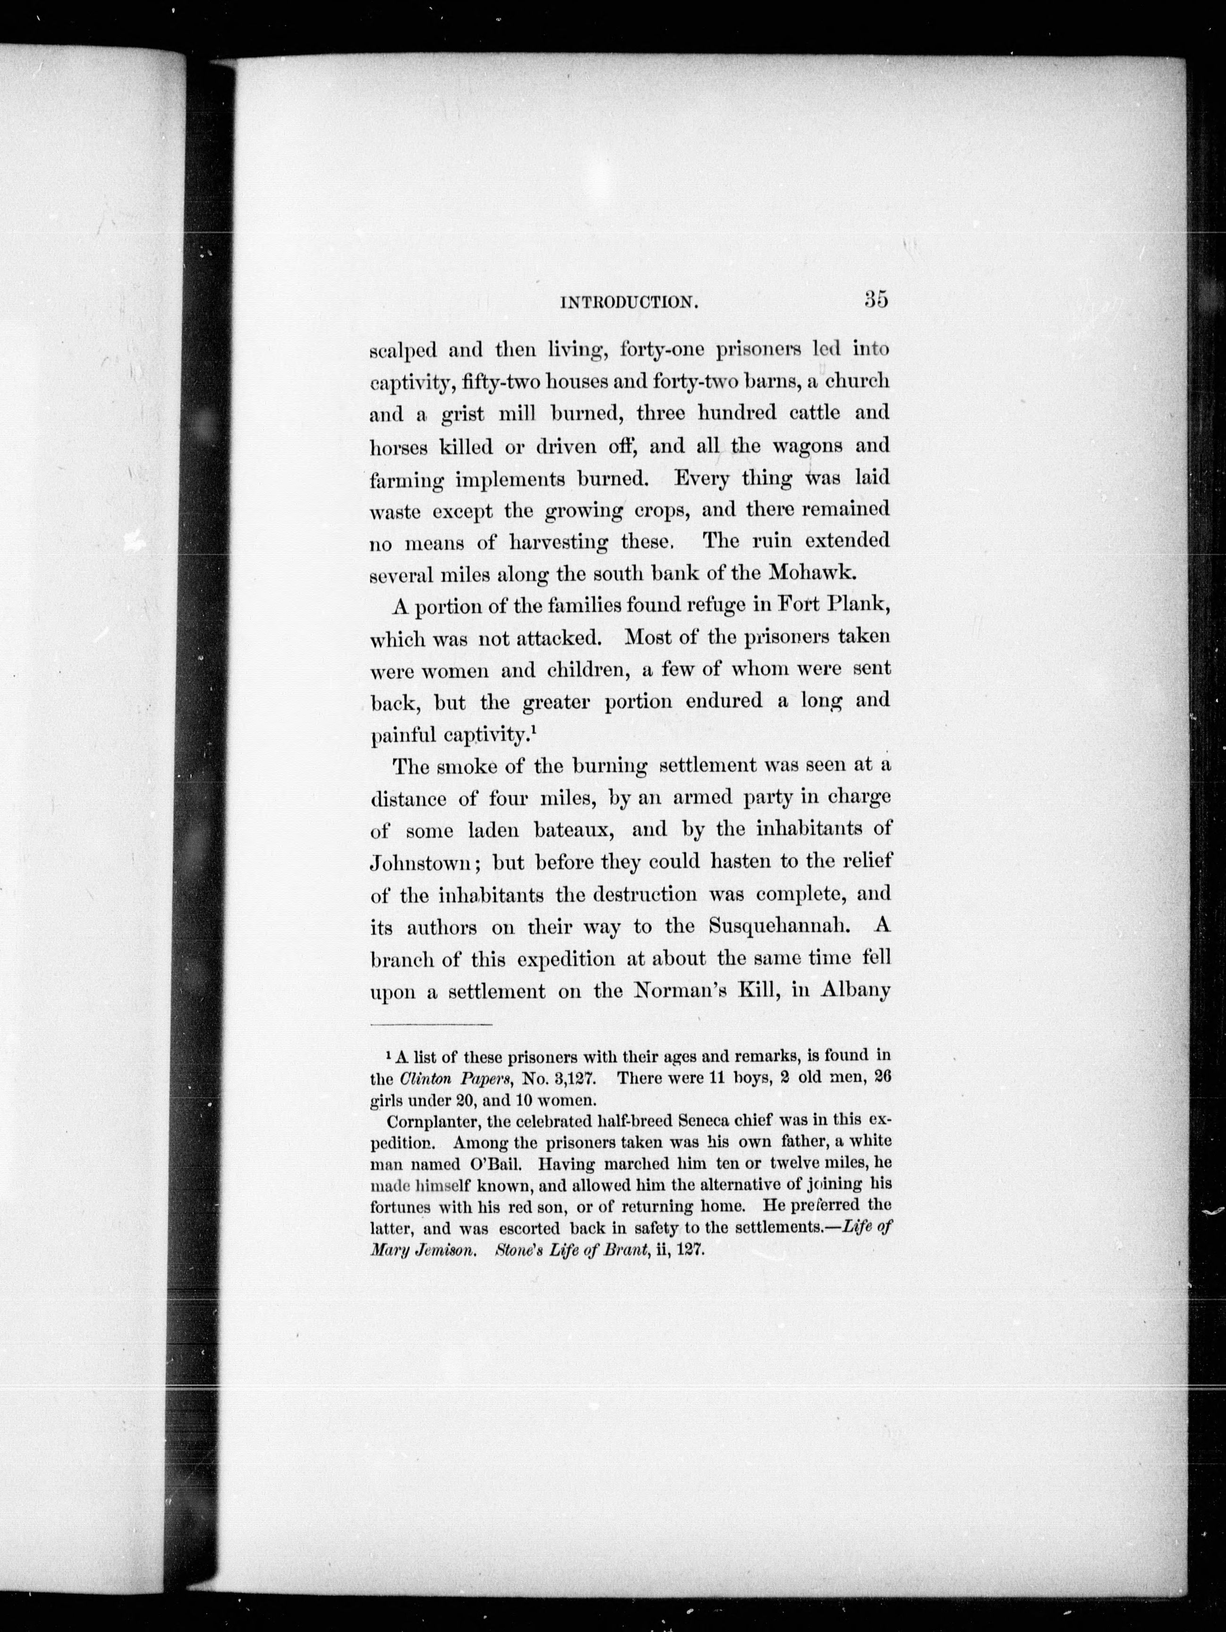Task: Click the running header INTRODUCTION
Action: point(629,303)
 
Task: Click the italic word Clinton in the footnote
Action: point(425,1078)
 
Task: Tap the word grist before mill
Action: point(462,414)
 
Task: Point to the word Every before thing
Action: point(701,478)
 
